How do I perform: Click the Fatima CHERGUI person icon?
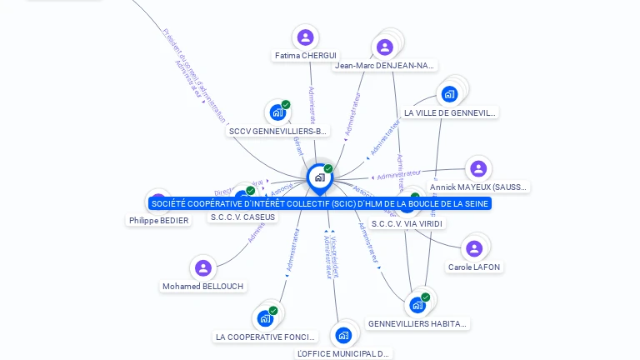point(306,37)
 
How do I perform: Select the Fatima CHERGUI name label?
point(306,56)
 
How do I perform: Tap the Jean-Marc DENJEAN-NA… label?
point(385,66)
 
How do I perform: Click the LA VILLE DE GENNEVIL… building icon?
point(450,93)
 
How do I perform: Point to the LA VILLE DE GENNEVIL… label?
point(450,112)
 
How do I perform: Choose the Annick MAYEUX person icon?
point(478,168)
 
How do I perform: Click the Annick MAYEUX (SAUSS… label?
point(478,187)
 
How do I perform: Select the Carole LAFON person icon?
point(474,248)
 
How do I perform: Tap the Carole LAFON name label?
point(475,267)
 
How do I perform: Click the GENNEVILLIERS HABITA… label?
point(418,323)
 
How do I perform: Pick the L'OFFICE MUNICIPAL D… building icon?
point(343,335)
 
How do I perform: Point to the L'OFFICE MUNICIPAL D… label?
point(343,354)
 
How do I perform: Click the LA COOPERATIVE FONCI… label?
point(266,337)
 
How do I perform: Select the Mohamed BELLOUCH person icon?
point(203,267)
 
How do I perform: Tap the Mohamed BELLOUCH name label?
point(203,287)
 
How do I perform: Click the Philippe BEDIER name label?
point(158,221)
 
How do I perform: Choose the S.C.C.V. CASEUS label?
point(242,217)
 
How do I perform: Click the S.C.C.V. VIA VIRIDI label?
point(407,223)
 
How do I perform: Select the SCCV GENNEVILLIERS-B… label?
point(278,132)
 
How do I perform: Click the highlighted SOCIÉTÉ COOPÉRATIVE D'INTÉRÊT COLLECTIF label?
point(320,203)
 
